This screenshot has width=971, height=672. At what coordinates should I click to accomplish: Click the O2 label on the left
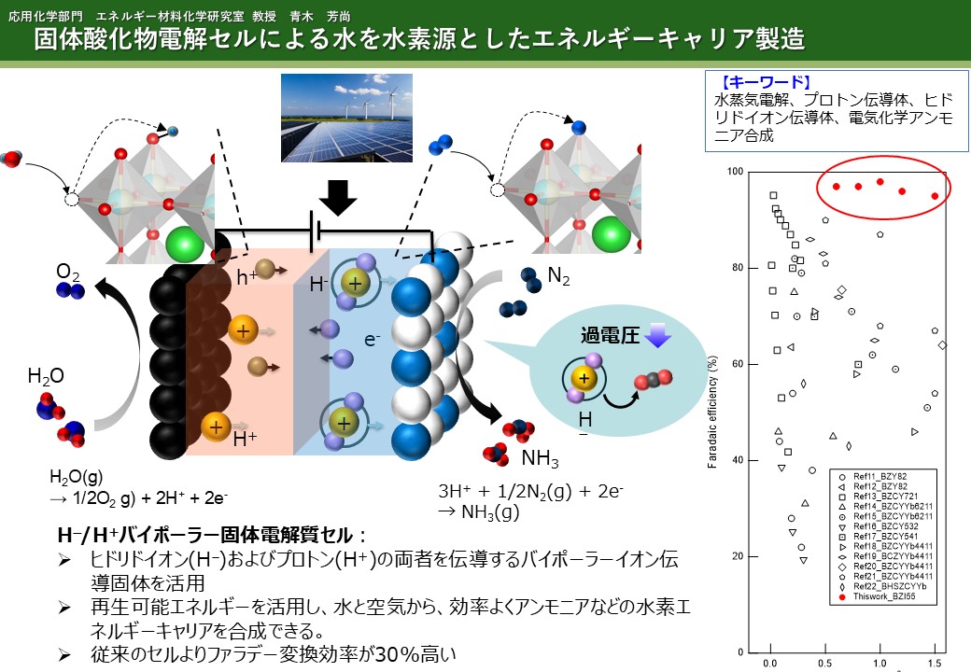68,272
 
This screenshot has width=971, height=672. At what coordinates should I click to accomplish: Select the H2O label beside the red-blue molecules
45,376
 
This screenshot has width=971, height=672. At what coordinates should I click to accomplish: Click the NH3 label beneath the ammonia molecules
540,458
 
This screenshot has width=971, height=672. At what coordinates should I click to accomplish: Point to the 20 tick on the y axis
738,556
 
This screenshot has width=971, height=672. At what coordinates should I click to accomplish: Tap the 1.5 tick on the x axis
934,663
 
